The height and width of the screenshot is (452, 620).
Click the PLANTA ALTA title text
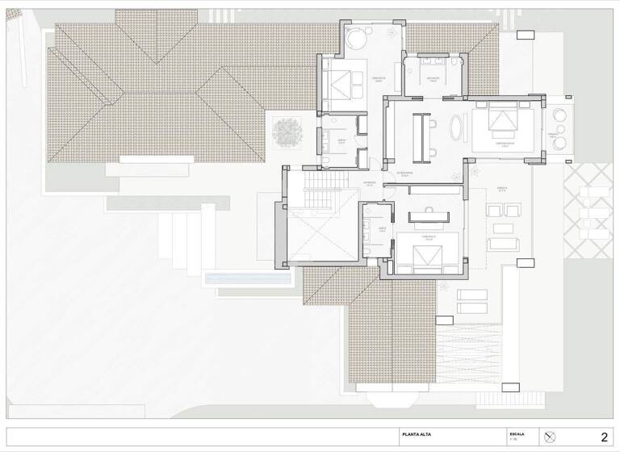tap(417, 435)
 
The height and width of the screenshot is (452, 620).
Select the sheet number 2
tap(604, 437)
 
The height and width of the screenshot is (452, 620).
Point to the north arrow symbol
tap(551, 437)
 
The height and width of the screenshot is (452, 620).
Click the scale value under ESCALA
tap(513, 441)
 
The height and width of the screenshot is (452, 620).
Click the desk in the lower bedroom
tap(429, 216)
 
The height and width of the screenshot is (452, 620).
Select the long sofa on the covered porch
tap(502, 243)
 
